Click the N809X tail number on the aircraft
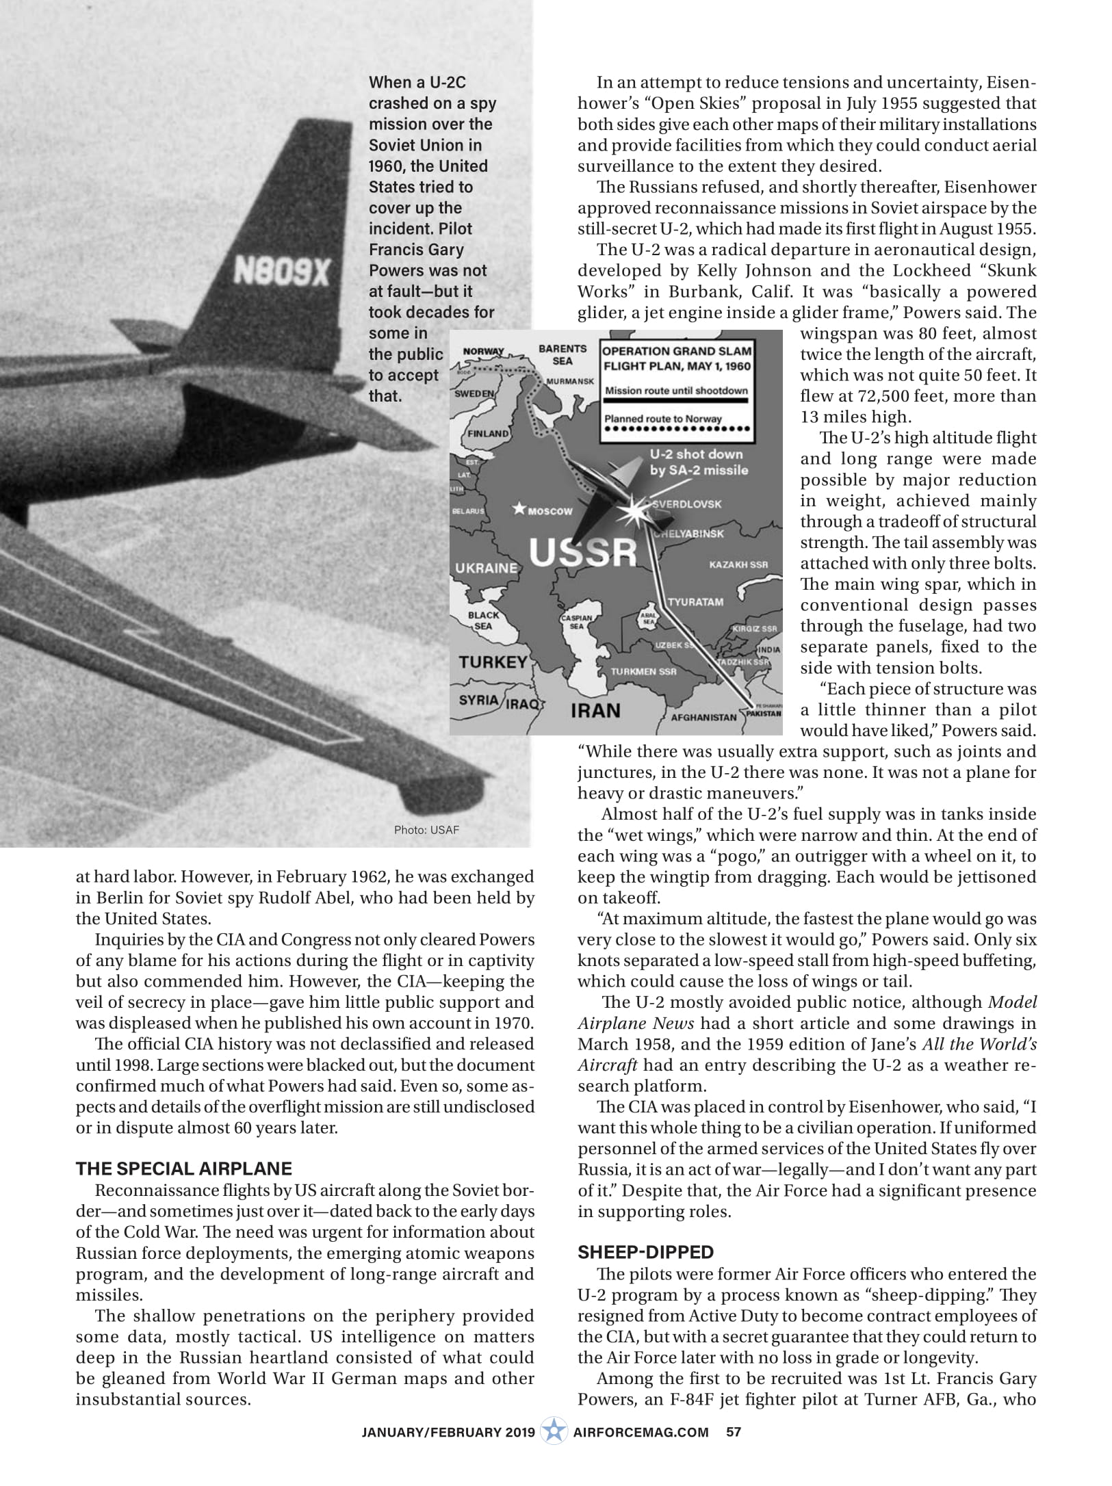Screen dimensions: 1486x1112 click(x=281, y=272)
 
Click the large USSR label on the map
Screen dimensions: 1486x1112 click(x=583, y=551)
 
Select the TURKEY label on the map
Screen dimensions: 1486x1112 click(x=493, y=662)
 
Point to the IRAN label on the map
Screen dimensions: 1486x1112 click(x=595, y=710)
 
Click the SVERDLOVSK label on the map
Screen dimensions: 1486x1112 click(x=687, y=504)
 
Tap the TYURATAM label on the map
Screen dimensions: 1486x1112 click(x=695, y=602)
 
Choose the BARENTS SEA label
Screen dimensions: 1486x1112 click(x=563, y=354)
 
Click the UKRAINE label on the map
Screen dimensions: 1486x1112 click(x=486, y=568)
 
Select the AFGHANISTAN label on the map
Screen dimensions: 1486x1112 click(x=703, y=718)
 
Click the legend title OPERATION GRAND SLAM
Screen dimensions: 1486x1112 click(x=677, y=351)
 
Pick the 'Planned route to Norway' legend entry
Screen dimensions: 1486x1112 click(x=662, y=419)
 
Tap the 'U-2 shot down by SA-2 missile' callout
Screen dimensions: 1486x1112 click(x=699, y=462)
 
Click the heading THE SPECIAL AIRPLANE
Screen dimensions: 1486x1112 click(x=183, y=1168)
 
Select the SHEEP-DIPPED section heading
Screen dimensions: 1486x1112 click(x=645, y=1252)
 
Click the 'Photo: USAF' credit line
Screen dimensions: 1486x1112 click(x=426, y=830)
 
